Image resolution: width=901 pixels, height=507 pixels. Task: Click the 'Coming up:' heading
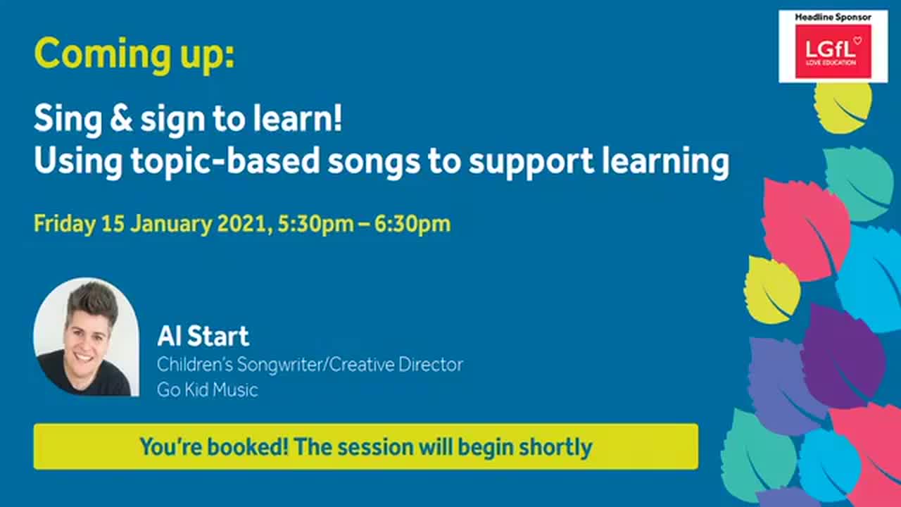(134, 54)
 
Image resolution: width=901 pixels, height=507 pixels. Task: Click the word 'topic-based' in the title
(225, 162)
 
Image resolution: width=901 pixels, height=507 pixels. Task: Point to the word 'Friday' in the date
(64, 224)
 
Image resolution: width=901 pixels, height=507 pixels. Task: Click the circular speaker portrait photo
(86, 337)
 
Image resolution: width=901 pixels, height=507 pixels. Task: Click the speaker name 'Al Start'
(203, 337)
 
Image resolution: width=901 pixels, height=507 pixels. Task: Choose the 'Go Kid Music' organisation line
(207, 389)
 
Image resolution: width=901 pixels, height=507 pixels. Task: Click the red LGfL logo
(833, 51)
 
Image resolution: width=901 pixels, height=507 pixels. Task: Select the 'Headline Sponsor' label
(833, 17)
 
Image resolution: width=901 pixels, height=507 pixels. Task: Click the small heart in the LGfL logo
(857, 40)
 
